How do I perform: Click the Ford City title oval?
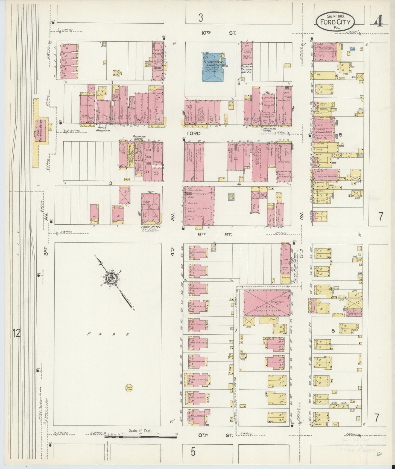point(335,22)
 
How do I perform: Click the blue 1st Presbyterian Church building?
point(213,67)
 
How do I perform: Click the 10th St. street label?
point(219,33)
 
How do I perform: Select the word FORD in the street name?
point(194,134)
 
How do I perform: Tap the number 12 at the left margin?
point(17,333)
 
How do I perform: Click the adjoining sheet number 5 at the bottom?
point(193,452)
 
